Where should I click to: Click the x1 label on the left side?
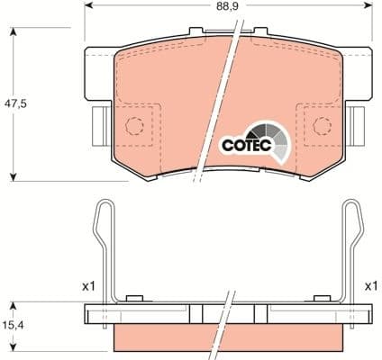[87, 286]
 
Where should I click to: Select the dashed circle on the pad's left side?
[134, 127]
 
